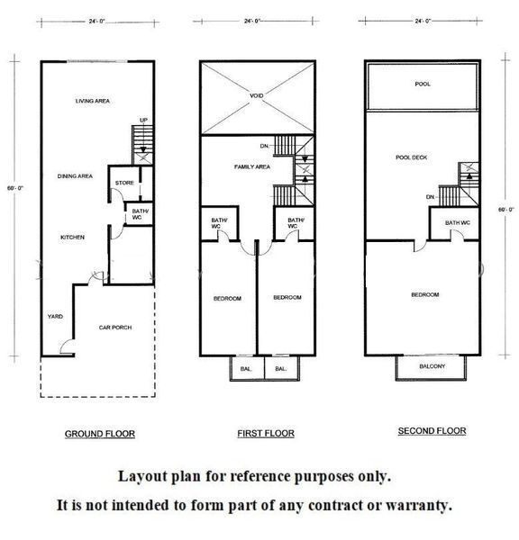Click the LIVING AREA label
point(93,101)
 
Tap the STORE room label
point(124,183)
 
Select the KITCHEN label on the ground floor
point(72,238)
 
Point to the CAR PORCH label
point(115,328)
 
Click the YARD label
point(55,316)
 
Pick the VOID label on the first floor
point(256,95)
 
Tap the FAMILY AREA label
point(252,166)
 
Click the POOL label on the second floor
point(423,84)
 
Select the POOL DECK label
point(411,157)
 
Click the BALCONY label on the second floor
point(432,366)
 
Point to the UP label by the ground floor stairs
point(143,120)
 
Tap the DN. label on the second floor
point(431,197)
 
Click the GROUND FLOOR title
point(100,434)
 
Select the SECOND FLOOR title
point(432,431)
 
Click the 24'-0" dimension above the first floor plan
point(252,21)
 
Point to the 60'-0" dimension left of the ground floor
point(15,188)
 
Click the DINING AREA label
point(75,176)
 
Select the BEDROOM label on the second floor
point(425,295)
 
